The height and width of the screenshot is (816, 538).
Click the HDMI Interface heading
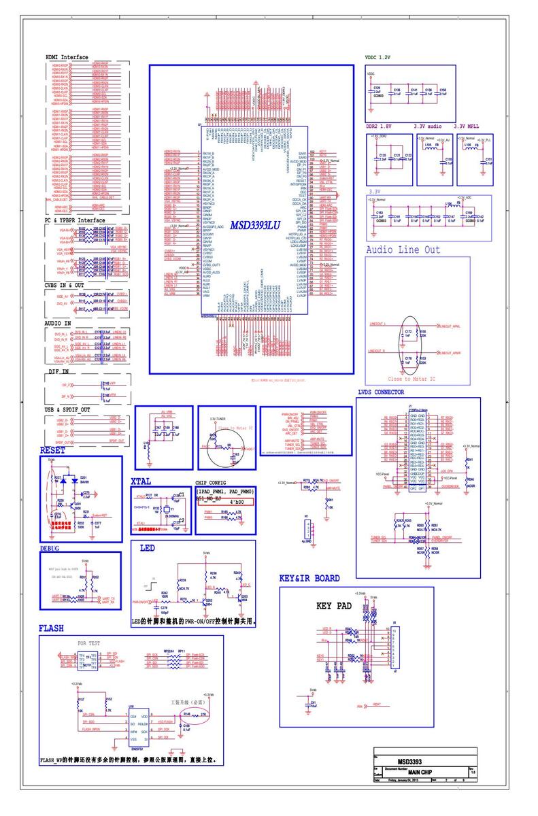67,57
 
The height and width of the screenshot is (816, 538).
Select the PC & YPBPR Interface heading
75,220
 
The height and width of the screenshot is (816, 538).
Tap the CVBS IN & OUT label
64,286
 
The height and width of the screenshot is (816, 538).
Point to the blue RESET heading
52,450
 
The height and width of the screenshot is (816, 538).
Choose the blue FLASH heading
51,629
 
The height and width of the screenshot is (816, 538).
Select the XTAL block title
141,481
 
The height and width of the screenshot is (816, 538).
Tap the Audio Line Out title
403,250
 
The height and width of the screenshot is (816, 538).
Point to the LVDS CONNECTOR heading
390,392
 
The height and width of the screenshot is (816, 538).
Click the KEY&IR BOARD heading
309,579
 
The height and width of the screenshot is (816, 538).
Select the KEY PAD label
334,606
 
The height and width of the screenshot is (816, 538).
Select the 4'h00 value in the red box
236,502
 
